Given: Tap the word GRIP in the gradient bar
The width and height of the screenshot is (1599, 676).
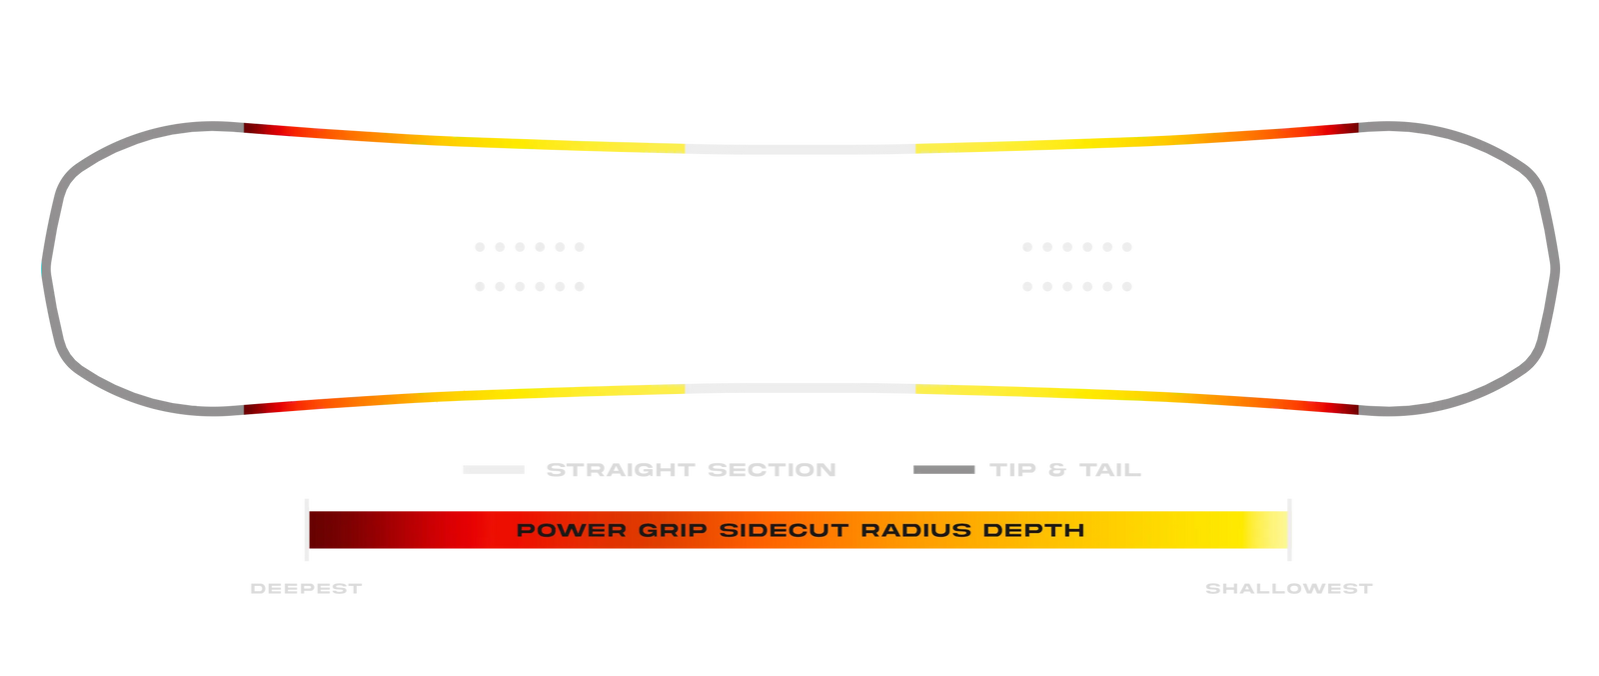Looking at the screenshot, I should tap(673, 530).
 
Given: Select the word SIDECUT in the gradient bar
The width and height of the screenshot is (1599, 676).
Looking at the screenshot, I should tap(785, 530).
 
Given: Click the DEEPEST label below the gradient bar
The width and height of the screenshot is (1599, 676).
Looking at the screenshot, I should tap(306, 589).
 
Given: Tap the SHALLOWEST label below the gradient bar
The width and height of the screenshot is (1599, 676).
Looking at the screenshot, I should tap(1289, 589).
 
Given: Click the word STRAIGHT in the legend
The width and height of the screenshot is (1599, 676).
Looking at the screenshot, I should tap(620, 470).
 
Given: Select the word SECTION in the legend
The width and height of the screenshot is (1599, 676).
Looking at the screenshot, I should tap(772, 470).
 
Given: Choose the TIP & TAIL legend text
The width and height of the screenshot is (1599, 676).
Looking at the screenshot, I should tap(1065, 470).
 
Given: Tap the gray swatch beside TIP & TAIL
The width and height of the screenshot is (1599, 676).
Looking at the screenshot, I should tap(944, 470).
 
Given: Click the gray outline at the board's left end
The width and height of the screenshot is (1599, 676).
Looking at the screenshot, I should tap(48, 270).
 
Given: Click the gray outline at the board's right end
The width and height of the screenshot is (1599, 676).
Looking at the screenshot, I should tap(1554, 270).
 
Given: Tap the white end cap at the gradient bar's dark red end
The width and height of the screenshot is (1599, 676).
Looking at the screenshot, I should tap(306, 530).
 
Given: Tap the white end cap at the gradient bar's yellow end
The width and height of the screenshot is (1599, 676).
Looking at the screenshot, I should tap(1289, 530).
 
